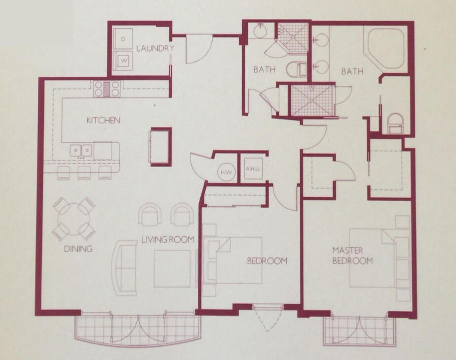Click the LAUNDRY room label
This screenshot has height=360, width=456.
coord(155,48)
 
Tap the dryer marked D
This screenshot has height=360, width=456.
coord(122,38)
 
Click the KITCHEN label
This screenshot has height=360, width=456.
coord(103,120)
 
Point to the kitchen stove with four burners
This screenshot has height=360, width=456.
coord(107,88)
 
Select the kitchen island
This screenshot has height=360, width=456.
coord(160,146)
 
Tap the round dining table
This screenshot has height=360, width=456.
coord(74,219)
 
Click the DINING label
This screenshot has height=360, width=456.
coord(78,248)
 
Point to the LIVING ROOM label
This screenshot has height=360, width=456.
coord(167,239)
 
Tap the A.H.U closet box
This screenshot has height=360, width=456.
coord(252,168)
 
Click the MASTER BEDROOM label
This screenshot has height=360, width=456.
coord(353,255)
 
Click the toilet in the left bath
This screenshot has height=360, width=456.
coord(296,69)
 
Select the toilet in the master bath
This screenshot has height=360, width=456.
coord(396,123)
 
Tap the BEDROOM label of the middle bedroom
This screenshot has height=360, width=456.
coord(267,260)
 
